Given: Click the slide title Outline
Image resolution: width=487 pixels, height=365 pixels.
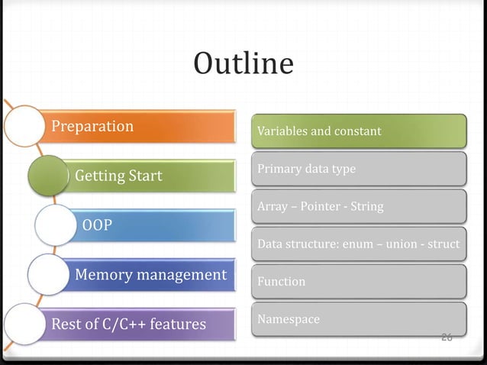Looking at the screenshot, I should (x=243, y=63).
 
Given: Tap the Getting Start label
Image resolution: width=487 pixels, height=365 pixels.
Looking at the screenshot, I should (x=118, y=176).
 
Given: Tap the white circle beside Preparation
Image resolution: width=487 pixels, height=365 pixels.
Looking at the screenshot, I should (x=23, y=125).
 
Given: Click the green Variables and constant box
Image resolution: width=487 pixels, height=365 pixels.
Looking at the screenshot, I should (x=359, y=131).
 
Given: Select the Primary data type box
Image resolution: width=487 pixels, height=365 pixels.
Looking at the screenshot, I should (x=359, y=169).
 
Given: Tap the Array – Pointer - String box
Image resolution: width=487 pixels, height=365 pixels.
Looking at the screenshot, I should (x=359, y=206).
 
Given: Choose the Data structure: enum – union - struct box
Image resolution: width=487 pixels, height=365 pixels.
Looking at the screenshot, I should (x=359, y=244).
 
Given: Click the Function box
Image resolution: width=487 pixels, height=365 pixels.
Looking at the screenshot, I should (x=359, y=282).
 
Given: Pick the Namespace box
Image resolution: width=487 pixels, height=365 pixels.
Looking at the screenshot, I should (x=359, y=319).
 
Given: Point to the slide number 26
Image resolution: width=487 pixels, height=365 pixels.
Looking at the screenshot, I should (x=447, y=338).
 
